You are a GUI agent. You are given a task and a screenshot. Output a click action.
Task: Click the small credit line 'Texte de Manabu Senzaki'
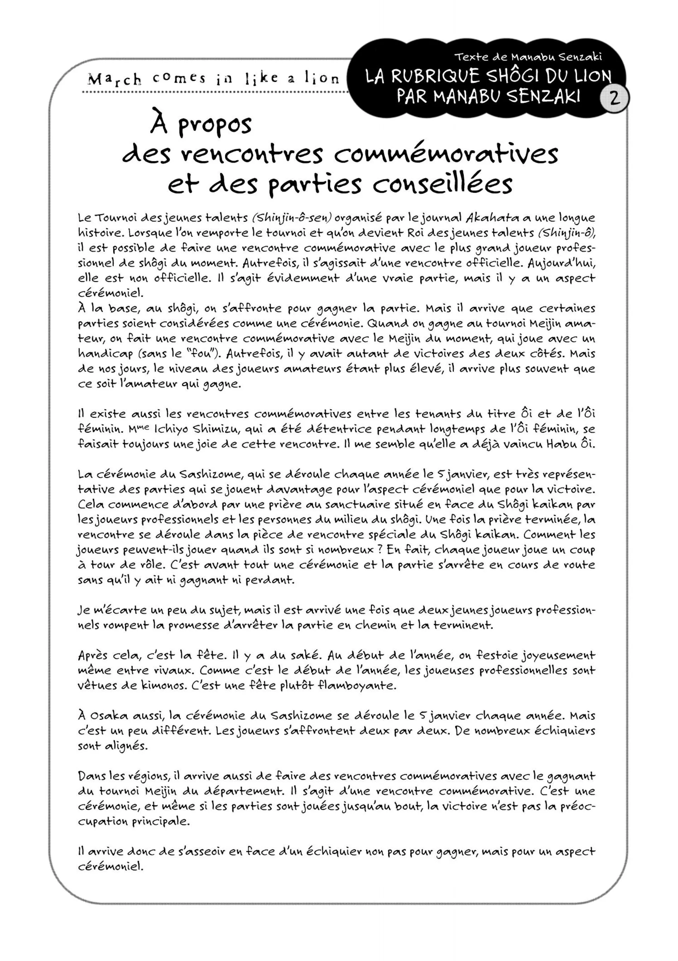(x=528, y=56)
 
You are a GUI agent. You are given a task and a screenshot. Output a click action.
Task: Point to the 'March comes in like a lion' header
(x=214, y=79)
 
